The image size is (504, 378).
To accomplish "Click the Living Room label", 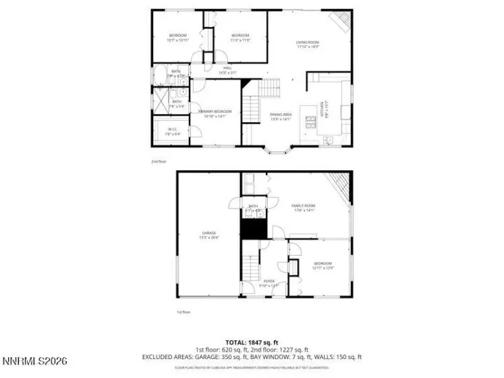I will pyautogui.click(x=308, y=45).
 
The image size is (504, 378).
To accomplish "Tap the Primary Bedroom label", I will pyautogui.click(x=215, y=113).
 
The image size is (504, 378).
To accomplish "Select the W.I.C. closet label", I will pyautogui.click(x=173, y=132).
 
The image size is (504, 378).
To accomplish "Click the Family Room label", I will pyautogui.click(x=303, y=207).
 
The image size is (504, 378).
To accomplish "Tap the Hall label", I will pyautogui.click(x=228, y=70).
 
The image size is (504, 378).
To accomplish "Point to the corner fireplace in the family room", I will pyautogui.click(x=339, y=185).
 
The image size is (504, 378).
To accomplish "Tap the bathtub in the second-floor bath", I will pyautogui.click(x=161, y=74).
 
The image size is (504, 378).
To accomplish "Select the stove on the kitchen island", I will pyautogui.click(x=310, y=122).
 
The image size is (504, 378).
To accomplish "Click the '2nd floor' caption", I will pyautogui.click(x=159, y=162).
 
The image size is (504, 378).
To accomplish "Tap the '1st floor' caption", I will pyautogui.click(x=184, y=312).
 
